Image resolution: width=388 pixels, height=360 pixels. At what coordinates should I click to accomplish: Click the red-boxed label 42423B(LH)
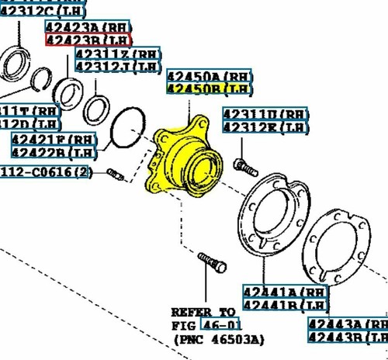88,39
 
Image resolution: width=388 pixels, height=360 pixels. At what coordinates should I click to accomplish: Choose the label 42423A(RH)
88,26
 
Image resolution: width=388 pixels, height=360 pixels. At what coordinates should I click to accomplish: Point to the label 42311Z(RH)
119,54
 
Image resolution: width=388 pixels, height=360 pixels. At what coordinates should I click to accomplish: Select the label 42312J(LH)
119,67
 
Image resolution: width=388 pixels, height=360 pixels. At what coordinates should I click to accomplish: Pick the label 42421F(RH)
54,139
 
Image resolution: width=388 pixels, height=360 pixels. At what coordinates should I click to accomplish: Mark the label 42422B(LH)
54,151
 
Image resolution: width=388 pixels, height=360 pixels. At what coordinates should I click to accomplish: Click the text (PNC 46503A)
220,339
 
